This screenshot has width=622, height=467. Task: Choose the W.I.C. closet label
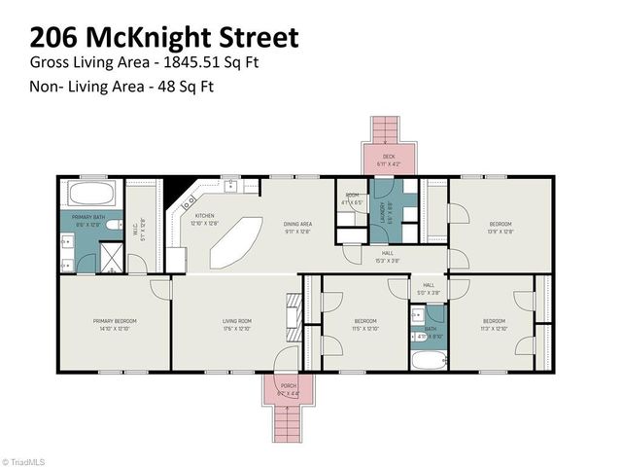[141, 231]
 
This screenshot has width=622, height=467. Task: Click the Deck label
[388, 156]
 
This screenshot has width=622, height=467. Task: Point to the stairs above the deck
[387, 128]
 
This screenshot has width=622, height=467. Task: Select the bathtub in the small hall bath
[428, 360]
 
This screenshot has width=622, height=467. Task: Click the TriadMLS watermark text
[26, 461]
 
